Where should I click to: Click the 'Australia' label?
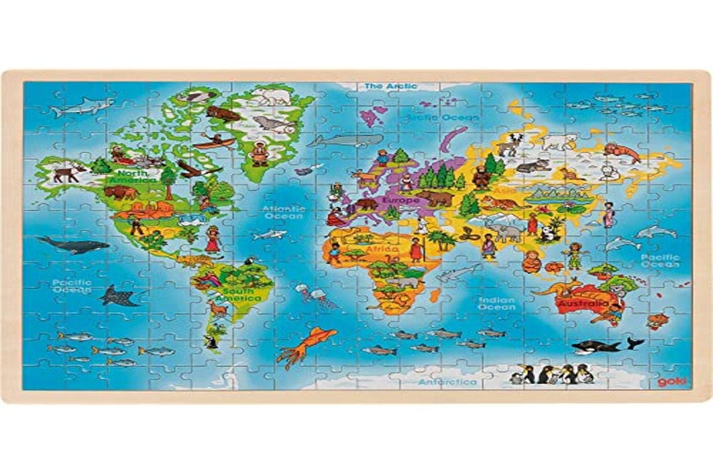[583, 304]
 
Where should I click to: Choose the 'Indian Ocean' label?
[496, 303]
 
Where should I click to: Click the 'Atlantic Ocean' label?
[278, 212]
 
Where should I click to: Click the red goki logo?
[669, 381]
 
